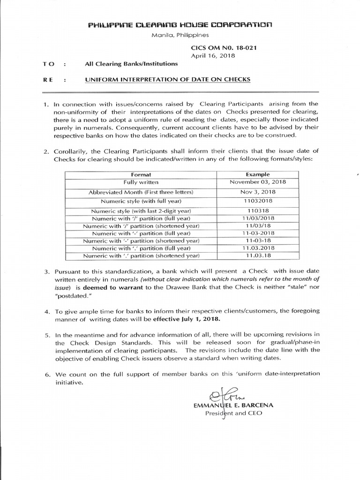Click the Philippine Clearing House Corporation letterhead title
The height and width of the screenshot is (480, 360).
(x=180, y=24)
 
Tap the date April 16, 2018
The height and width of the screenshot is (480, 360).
(x=212, y=55)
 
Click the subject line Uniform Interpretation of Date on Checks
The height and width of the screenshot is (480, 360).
(x=167, y=80)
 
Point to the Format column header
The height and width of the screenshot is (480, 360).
(x=141, y=174)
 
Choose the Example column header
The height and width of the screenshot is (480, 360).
(x=257, y=174)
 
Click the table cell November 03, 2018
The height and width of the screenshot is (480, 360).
(x=257, y=182)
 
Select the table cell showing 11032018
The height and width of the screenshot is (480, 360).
(x=257, y=202)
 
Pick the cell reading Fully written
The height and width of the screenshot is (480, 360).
(x=141, y=182)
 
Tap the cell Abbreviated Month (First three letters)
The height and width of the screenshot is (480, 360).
(x=141, y=192)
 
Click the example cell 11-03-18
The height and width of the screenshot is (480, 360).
(x=257, y=240)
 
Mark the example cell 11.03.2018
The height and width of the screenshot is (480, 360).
(x=257, y=248)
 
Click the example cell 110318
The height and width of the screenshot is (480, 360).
(x=257, y=211)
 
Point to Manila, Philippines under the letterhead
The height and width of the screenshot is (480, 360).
(x=180, y=35)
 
